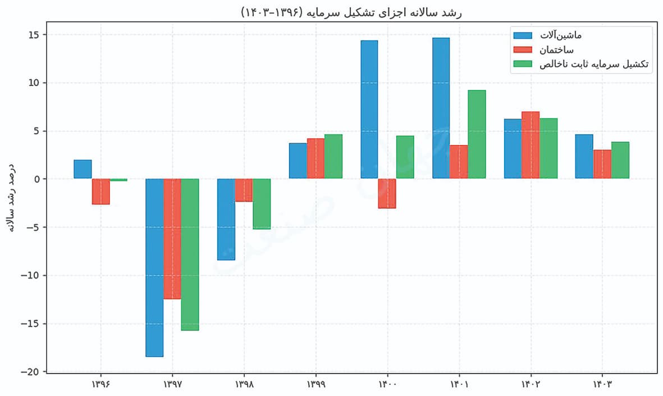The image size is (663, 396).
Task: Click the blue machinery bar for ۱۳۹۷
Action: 154,267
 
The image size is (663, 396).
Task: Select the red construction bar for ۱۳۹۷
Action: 172,239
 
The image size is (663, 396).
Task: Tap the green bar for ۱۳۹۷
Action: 190,254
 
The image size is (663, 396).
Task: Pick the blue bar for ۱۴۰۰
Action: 369,110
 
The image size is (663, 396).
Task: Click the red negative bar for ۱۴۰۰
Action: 387,193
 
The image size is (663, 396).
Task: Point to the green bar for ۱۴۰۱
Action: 476,134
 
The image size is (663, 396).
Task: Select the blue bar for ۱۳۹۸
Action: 226,220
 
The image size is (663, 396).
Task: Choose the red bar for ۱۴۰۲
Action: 530,145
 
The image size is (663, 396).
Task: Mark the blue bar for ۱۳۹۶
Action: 83,169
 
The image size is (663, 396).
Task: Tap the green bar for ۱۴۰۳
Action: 620,160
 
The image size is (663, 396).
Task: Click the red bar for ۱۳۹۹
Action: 316,158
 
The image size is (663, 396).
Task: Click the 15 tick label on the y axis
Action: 34,35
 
